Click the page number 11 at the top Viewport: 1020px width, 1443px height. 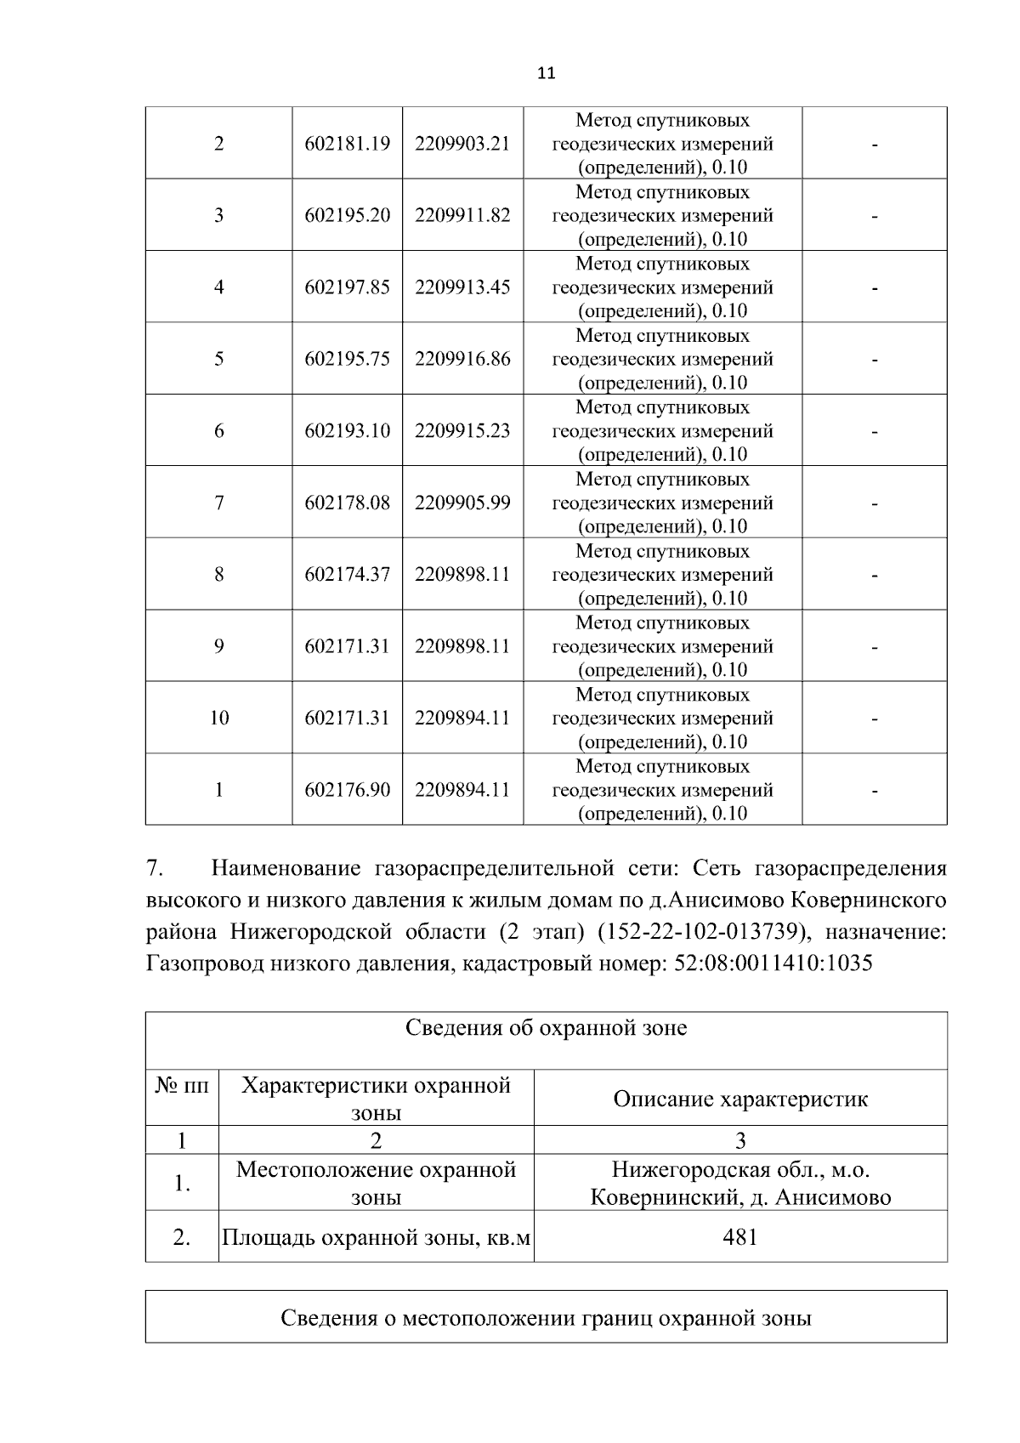pyautogui.click(x=547, y=73)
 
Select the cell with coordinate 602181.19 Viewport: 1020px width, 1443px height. pyautogui.click(x=348, y=144)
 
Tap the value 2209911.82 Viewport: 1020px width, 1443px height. pyautogui.click(x=462, y=215)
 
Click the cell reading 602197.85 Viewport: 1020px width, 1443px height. pyautogui.click(x=348, y=287)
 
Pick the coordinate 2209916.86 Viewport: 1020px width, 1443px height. pyautogui.click(x=462, y=359)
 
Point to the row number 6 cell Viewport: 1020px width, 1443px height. pyautogui.click(x=219, y=431)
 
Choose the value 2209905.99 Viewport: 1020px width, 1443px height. pyautogui.click(x=462, y=503)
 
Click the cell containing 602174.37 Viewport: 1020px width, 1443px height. pyautogui.click(x=348, y=575)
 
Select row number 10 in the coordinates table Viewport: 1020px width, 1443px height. pyautogui.click(x=219, y=719)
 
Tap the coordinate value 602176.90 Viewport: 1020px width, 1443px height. pyautogui.click(x=348, y=790)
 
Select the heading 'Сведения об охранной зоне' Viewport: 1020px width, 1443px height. pyautogui.click(x=546, y=1028)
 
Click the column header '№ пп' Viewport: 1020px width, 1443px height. pyautogui.click(x=182, y=1086)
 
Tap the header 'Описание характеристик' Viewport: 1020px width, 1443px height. pyautogui.click(x=740, y=1099)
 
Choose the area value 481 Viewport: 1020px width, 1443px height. pyautogui.click(x=740, y=1237)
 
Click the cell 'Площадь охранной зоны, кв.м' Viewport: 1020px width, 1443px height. pyautogui.click(x=377, y=1237)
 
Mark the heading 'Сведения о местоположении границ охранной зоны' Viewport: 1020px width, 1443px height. pyautogui.click(x=546, y=1319)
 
